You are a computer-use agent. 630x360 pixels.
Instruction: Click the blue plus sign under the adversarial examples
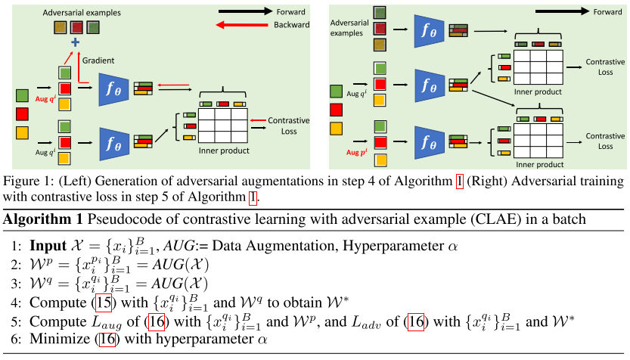[75, 43]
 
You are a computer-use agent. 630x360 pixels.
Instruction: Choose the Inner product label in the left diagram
[223, 151]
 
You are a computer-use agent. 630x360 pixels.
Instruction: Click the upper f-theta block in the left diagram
[115, 88]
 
